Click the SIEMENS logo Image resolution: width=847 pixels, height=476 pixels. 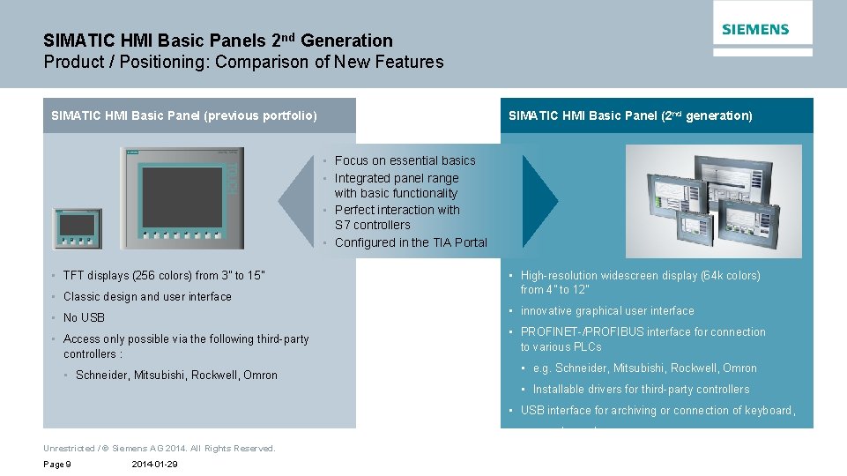click(x=755, y=29)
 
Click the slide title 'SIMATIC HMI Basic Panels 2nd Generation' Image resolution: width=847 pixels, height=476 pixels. click(x=218, y=41)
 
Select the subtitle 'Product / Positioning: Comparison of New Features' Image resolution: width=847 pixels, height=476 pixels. click(x=243, y=62)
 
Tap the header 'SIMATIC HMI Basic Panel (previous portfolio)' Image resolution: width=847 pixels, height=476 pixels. click(x=184, y=115)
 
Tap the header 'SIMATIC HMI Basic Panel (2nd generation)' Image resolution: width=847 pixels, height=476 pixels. click(x=630, y=115)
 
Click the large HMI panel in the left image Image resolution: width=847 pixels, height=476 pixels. click(x=182, y=198)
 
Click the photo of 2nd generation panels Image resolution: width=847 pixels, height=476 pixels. click(x=713, y=201)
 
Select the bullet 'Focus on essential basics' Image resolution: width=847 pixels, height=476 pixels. click(x=405, y=160)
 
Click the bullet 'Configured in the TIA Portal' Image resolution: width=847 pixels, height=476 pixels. click(x=411, y=242)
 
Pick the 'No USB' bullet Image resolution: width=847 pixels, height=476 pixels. click(x=84, y=317)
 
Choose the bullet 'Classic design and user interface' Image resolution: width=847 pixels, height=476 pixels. click(x=147, y=296)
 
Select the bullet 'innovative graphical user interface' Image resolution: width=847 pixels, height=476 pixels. click(x=607, y=310)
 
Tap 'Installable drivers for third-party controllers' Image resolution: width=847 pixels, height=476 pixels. click(x=641, y=389)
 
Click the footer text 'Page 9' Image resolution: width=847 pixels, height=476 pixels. click(x=57, y=465)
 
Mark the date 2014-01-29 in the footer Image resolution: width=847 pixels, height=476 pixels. click(x=154, y=465)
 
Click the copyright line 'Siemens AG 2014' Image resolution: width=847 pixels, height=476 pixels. click(x=159, y=448)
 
